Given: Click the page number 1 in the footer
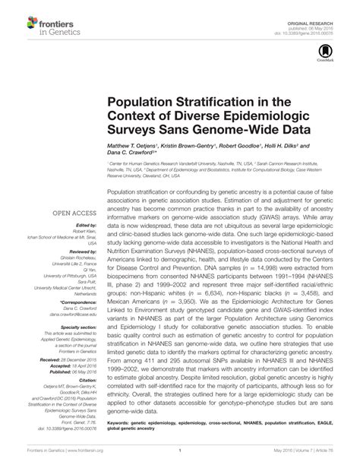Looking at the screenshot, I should tap(180, 460).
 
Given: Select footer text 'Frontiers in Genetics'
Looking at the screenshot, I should tap(27, 460).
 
